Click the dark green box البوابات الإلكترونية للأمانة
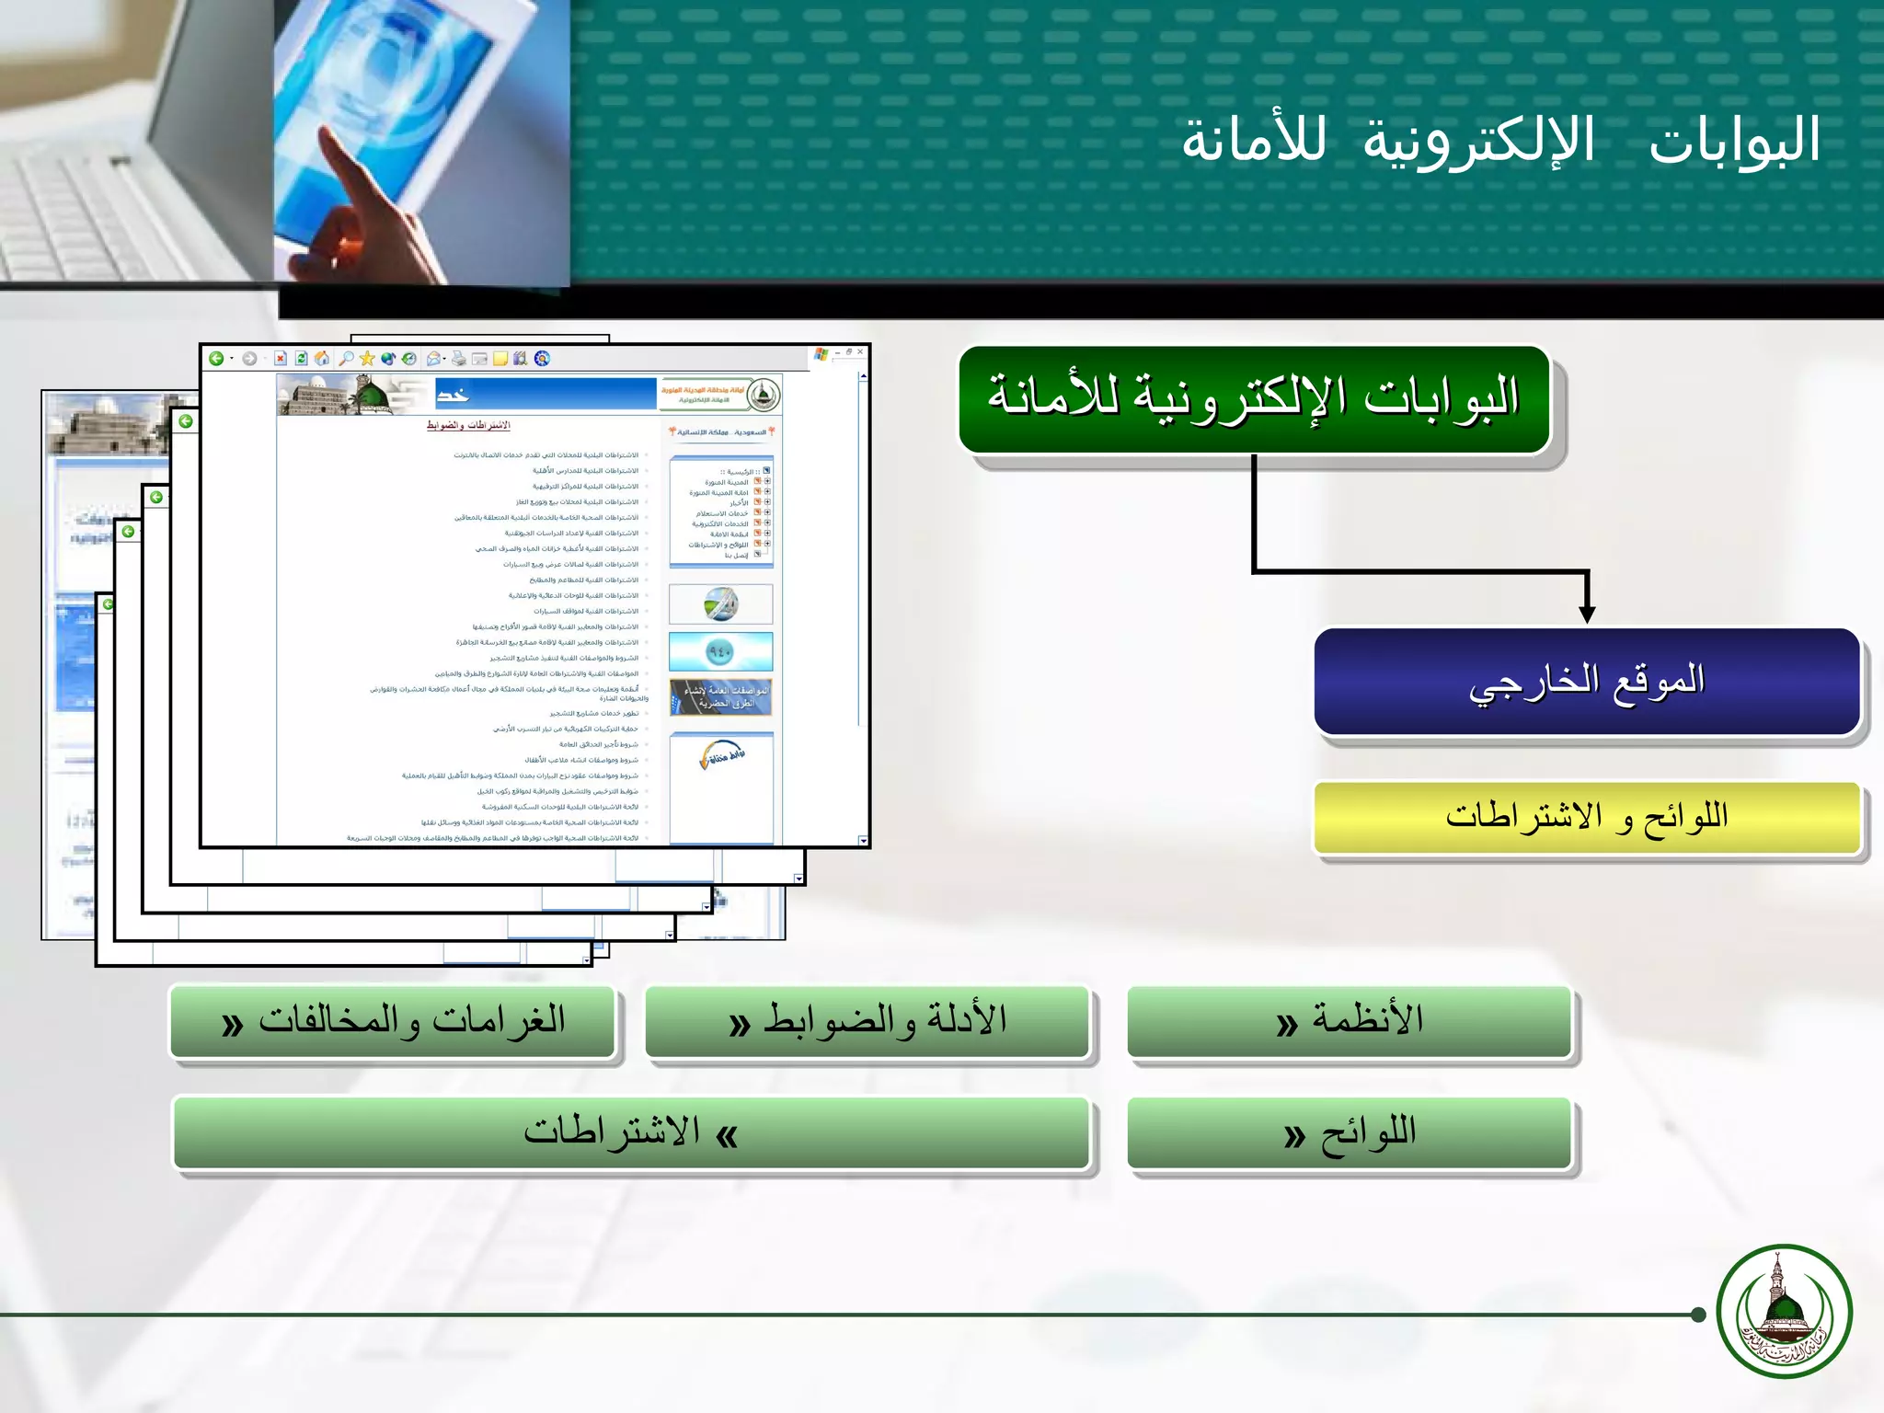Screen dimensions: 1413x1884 1254,399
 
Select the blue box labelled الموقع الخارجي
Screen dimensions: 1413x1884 1587,681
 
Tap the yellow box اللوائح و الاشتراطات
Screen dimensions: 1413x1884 1587,817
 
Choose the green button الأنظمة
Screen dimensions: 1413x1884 1350,1021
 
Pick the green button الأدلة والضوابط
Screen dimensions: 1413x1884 867,1021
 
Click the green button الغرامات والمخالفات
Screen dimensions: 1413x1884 393,1021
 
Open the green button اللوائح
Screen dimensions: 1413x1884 1350,1133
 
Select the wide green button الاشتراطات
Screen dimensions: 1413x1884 631,1133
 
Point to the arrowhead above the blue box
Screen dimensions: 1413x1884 1587,614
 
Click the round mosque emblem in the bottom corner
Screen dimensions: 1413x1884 1784,1311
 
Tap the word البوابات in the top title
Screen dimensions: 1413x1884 1734,141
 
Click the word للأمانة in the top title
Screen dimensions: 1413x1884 1254,141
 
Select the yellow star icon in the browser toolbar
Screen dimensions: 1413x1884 367,359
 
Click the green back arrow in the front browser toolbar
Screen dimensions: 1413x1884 216,359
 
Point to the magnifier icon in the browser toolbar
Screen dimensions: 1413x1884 347,359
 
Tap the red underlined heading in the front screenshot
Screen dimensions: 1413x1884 467,425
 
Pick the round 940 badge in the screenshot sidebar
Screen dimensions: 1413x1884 719,651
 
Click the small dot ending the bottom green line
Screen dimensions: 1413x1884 1698,1315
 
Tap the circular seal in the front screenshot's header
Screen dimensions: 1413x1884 763,396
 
